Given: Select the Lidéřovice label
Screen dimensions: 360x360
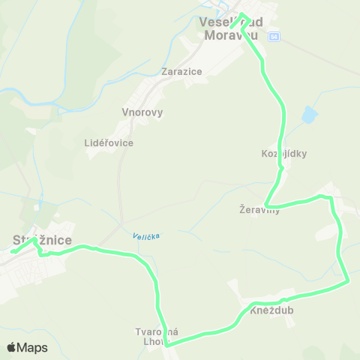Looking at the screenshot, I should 109,142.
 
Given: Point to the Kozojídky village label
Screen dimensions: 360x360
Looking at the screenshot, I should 284,154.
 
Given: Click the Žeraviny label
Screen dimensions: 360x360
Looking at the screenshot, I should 259,210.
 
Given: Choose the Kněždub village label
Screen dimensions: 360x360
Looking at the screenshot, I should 272,310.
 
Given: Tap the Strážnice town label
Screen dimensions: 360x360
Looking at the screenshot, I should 42,240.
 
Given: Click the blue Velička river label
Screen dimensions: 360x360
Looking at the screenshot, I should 147,236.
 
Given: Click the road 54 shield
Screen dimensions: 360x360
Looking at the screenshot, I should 274,36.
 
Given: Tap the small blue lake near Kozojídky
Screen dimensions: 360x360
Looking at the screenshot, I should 308,115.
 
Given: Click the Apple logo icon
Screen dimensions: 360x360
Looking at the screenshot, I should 11,348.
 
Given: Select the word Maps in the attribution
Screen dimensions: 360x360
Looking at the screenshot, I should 32,348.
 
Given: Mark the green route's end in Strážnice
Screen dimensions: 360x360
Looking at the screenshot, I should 13,252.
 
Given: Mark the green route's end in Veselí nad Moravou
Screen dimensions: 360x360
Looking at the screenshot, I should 232,27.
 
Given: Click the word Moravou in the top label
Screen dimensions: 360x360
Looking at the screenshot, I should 232,34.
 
